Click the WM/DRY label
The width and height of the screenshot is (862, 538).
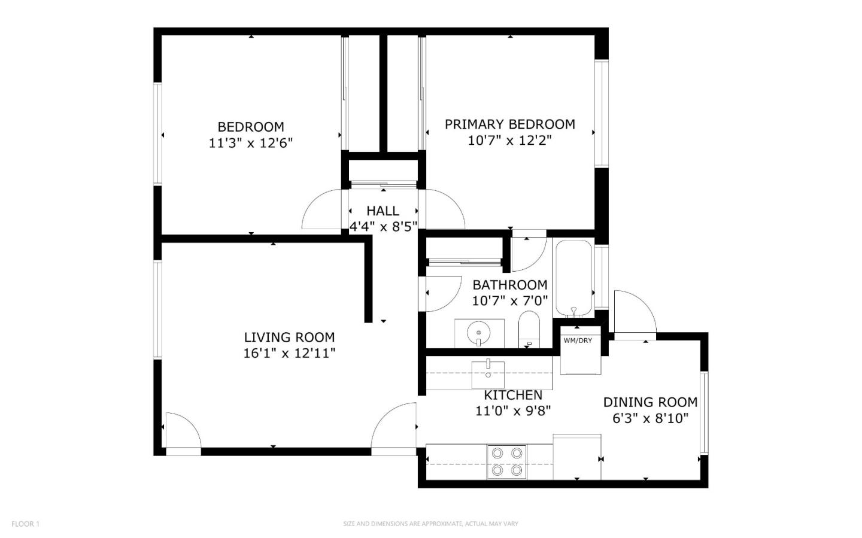[578, 341]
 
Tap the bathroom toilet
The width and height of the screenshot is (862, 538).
[529, 330]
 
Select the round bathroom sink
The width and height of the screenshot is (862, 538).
[479, 333]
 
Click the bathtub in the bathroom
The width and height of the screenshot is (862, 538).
[573, 278]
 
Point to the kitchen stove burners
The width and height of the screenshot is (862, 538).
[506, 461]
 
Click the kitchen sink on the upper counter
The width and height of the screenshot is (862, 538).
[488, 374]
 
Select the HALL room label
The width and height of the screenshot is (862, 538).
[383, 211]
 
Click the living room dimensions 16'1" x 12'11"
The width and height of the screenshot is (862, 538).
[289, 353]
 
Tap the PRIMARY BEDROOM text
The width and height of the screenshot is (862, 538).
[509, 124]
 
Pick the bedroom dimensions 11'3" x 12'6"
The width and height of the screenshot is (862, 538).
[250, 143]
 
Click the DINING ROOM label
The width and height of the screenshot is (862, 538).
[650, 402]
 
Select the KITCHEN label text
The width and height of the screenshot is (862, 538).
[513, 395]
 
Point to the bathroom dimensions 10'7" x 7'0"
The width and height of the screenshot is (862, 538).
[510, 300]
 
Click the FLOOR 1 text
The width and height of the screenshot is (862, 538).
[25, 524]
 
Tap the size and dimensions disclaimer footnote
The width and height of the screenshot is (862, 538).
[430, 524]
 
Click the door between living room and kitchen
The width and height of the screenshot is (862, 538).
[395, 426]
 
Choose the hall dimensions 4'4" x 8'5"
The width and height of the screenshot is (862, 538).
[383, 226]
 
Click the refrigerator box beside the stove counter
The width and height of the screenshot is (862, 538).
[576, 457]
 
